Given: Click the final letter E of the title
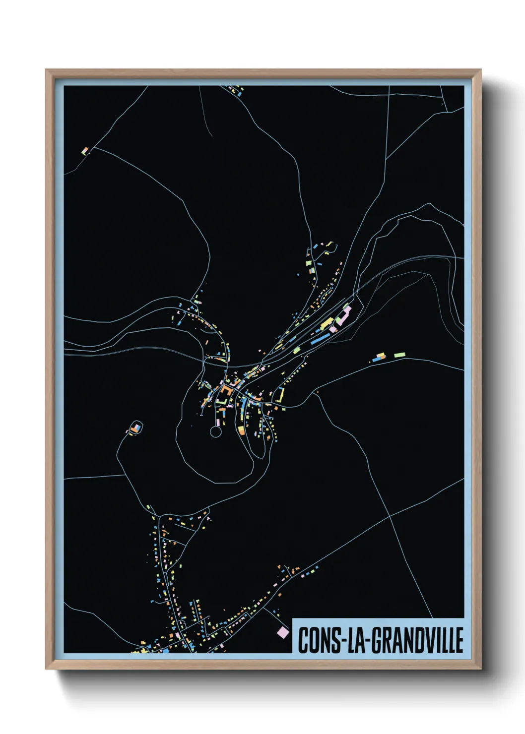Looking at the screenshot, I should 459,640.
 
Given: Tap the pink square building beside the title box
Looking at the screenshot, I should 282,632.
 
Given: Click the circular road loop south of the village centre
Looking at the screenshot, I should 215,432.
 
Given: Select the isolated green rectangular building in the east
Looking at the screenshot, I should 399,355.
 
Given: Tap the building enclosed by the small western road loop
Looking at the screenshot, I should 134,427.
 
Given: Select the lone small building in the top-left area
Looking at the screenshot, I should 85,150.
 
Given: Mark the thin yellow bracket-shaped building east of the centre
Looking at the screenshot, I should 281,395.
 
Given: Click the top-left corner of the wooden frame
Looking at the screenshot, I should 47,70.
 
